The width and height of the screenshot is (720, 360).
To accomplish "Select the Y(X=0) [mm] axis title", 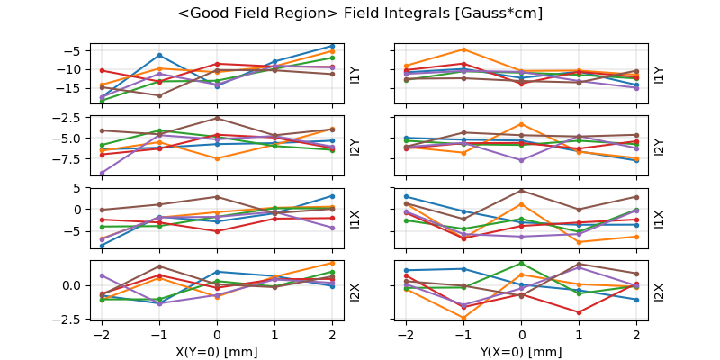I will tap(521, 351).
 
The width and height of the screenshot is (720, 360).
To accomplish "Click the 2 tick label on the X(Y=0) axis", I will tap(332, 334).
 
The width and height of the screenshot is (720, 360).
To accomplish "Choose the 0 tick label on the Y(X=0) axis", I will tap(521, 334).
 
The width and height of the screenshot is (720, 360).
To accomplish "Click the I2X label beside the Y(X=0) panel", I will tap(659, 292).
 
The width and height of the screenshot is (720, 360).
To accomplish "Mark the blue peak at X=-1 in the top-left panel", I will tap(159, 55).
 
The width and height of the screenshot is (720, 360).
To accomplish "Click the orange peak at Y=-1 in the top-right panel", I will tap(463, 49).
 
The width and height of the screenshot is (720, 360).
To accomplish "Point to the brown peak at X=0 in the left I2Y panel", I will tap(217, 118).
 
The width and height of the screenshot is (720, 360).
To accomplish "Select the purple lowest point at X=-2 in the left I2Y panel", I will tap(102, 173).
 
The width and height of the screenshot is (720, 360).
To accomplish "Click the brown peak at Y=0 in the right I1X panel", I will tap(521, 190).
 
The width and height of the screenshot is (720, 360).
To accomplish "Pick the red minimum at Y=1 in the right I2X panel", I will tap(579, 312).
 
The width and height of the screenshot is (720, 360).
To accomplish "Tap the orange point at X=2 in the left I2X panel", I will tap(332, 263).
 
